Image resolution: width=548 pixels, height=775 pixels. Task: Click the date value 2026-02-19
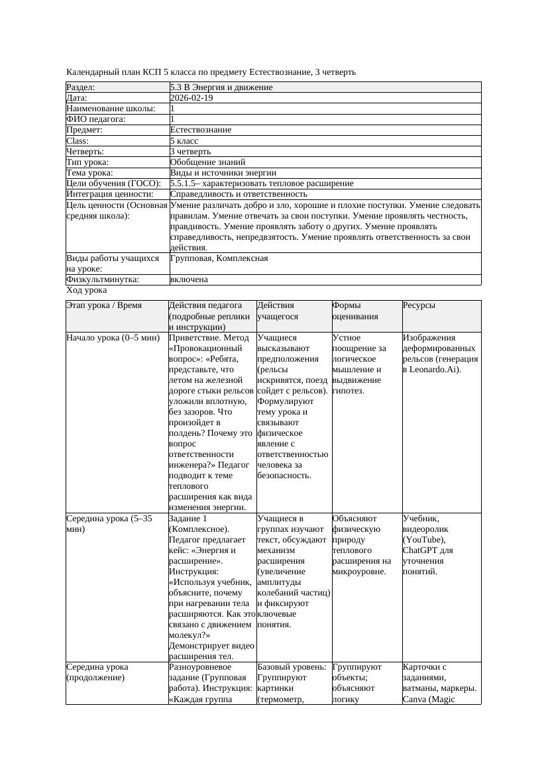pos(192,98)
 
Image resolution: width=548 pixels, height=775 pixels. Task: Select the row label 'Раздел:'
pos(81,87)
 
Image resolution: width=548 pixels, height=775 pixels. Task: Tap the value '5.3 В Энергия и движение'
pos(221,87)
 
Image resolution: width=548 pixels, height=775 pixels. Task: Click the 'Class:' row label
pos(78,141)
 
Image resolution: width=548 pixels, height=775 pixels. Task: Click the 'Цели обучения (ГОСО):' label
pos(113,183)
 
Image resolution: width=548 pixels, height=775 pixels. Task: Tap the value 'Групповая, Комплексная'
pos(219,258)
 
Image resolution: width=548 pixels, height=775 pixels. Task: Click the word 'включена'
pos(189,280)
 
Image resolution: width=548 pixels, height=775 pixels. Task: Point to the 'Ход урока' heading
pos(87,290)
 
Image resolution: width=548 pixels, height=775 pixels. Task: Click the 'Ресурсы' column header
pos(419,306)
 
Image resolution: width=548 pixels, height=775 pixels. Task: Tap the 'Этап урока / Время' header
pos(105,306)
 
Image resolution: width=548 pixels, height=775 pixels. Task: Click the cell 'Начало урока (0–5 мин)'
pos(113,338)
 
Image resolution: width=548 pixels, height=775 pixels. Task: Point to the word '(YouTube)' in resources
pos(424,540)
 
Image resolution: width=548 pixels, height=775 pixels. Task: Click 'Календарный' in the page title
pos(92,72)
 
